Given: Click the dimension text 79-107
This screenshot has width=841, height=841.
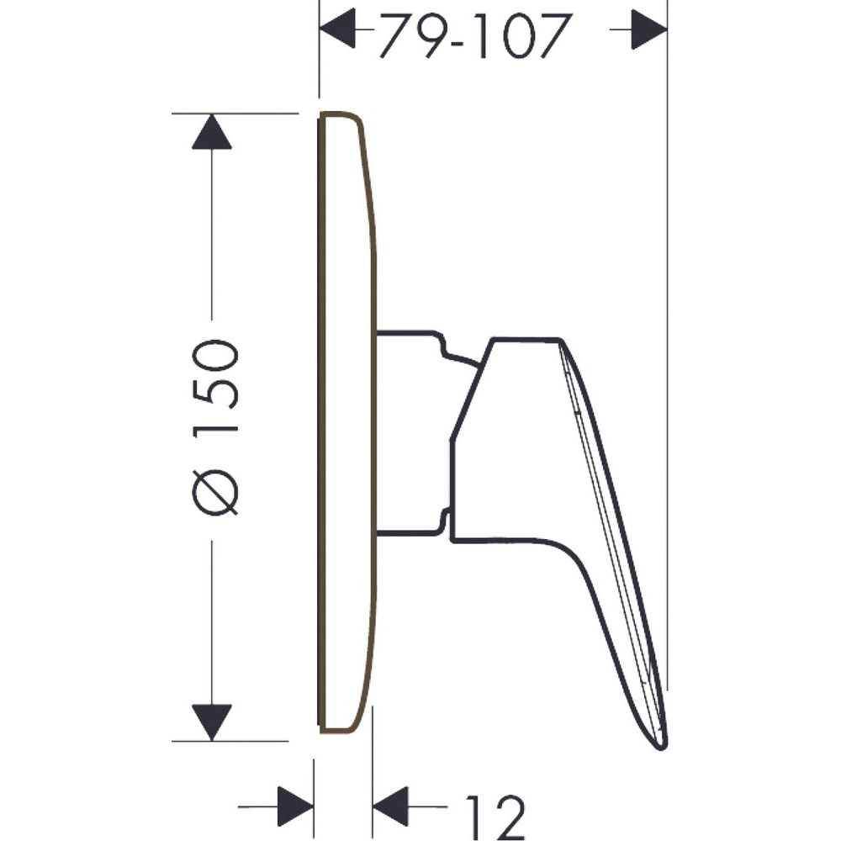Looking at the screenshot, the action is coord(473,35).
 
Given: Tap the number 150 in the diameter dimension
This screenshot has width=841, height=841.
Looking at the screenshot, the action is coord(215,386).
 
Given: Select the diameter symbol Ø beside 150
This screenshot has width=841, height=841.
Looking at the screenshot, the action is coord(215,493).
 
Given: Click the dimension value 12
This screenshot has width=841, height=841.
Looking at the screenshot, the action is coord(495,817).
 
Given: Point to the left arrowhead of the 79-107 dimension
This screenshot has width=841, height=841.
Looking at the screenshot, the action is coord(337,29).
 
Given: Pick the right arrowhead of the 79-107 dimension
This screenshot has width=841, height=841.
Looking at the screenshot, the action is coord(649,29).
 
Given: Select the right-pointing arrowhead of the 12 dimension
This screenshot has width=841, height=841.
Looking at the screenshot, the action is coord(295,807).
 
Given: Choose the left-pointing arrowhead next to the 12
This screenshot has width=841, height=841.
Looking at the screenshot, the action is coord(390,807).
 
